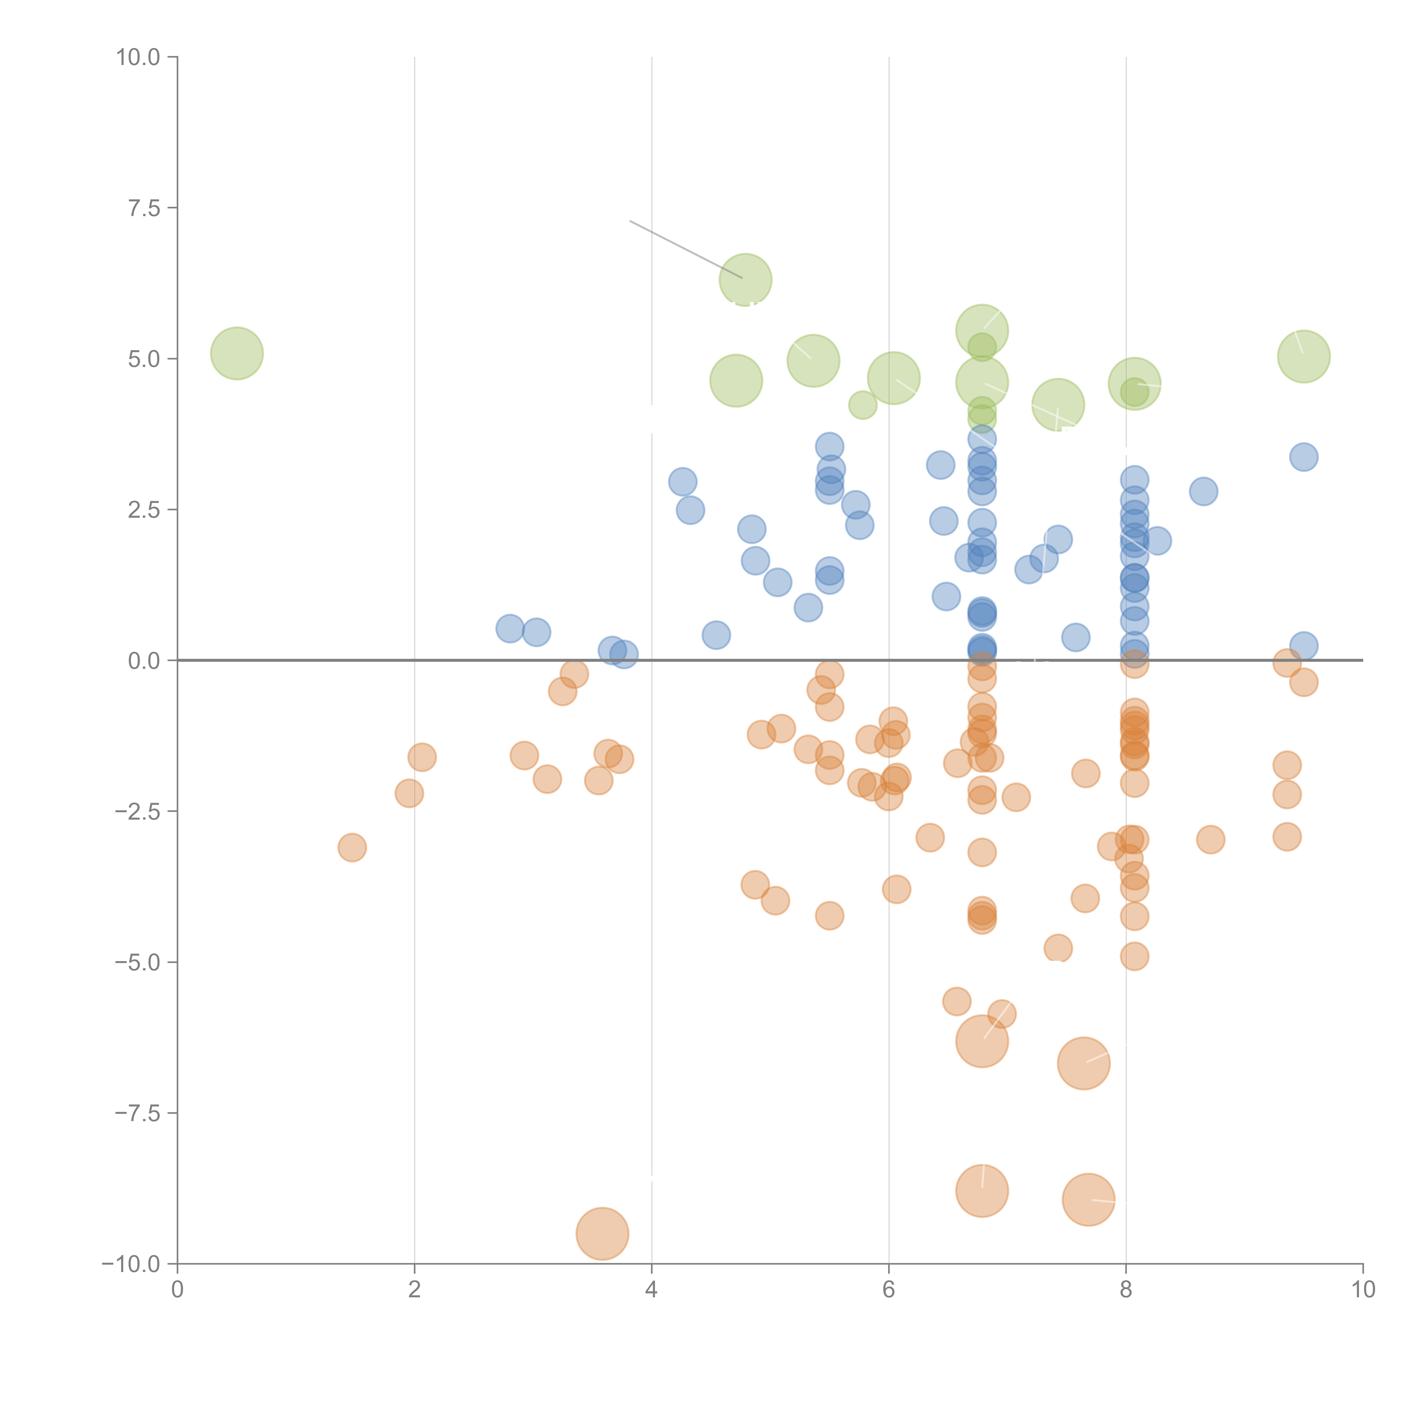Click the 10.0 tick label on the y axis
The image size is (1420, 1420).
pos(138,57)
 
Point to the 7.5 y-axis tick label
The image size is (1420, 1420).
pos(144,208)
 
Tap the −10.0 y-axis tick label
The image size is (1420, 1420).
pos(132,1264)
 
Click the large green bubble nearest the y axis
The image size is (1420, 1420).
pos(237,354)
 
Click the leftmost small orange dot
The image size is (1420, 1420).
pos(352,847)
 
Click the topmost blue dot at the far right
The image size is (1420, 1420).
pos(1303,457)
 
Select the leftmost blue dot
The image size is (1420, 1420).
pos(509,628)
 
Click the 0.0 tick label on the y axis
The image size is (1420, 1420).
pos(144,661)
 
